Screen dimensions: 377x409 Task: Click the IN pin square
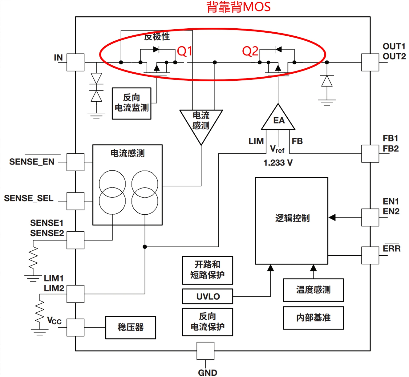[x=75, y=63]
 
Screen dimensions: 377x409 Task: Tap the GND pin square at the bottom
[x=205, y=351]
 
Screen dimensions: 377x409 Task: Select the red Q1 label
[x=184, y=51]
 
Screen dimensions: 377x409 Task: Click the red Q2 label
[x=250, y=51]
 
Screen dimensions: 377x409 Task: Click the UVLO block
[x=208, y=296]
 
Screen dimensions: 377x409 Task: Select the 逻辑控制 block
[x=291, y=221]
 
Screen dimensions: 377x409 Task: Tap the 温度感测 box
[x=313, y=290]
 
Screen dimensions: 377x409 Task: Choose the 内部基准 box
[x=313, y=318]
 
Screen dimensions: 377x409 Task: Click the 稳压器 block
[x=131, y=327]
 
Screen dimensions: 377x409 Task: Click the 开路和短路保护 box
[x=207, y=270]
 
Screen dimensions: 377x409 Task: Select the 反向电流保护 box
[x=207, y=322]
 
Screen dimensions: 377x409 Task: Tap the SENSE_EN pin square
[x=75, y=162]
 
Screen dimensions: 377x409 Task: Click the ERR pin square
[x=370, y=255]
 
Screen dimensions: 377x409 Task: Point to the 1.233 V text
[x=278, y=163]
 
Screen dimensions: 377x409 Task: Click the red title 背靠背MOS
[x=238, y=7]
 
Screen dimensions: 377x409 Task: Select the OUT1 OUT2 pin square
[x=370, y=63]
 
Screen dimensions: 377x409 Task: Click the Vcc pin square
[x=75, y=327]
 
